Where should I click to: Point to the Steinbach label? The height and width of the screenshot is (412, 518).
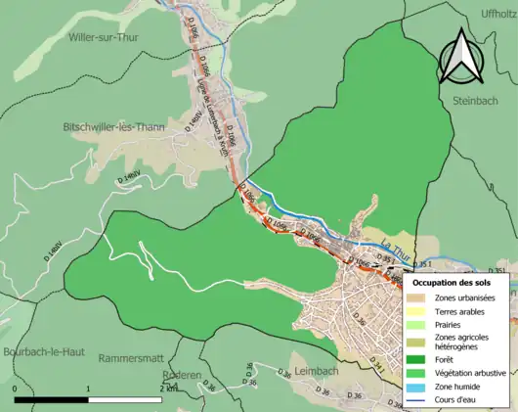pos(475,101)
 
